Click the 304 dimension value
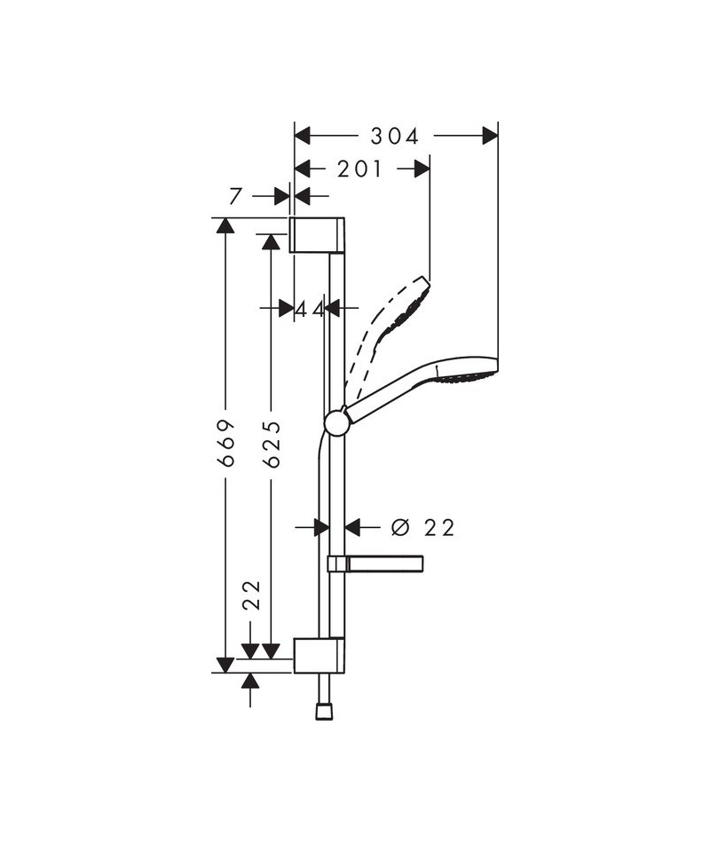point(394,137)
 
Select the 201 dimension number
point(359,169)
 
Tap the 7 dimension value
point(235,197)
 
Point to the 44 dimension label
point(311,309)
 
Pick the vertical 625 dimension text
point(272,444)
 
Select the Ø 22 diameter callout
point(422,527)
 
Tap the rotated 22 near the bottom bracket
point(251,595)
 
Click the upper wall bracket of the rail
point(317,234)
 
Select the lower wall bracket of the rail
point(319,656)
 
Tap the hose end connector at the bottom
point(324,712)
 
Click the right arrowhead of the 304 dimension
point(490,136)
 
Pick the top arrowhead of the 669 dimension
point(225,225)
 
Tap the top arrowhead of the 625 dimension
point(271,241)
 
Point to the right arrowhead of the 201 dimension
point(422,169)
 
